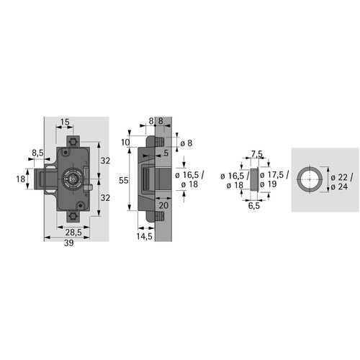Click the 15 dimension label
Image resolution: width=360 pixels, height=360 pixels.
pos(65,122)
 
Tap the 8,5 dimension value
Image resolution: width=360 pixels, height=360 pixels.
pos(37,153)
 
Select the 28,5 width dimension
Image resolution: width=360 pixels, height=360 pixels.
pos(73,233)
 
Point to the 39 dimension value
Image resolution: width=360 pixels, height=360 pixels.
pos(68,243)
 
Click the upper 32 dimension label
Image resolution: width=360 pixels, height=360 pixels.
pos(105,161)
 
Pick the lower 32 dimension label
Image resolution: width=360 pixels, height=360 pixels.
pos(105,198)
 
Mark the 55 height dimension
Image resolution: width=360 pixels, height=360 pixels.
pos(124,180)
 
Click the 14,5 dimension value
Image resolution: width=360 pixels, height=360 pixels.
pos(145,236)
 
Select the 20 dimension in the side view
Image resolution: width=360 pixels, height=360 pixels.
pos(163,205)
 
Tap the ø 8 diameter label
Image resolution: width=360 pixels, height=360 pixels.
pos(186,143)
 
